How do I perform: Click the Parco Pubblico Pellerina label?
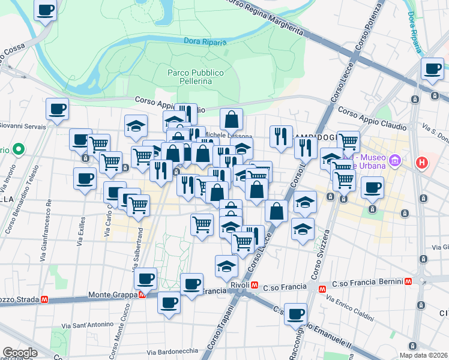pos(195,77)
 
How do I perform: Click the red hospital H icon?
pos(423,162)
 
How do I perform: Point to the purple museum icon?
pos(395,160)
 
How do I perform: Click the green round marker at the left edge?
pos(18,149)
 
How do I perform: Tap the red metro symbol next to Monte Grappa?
pos(142,295)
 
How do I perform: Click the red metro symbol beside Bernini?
pos(408,281)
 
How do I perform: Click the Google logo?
pos(20,353)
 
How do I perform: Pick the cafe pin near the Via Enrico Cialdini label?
pos(295,314)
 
